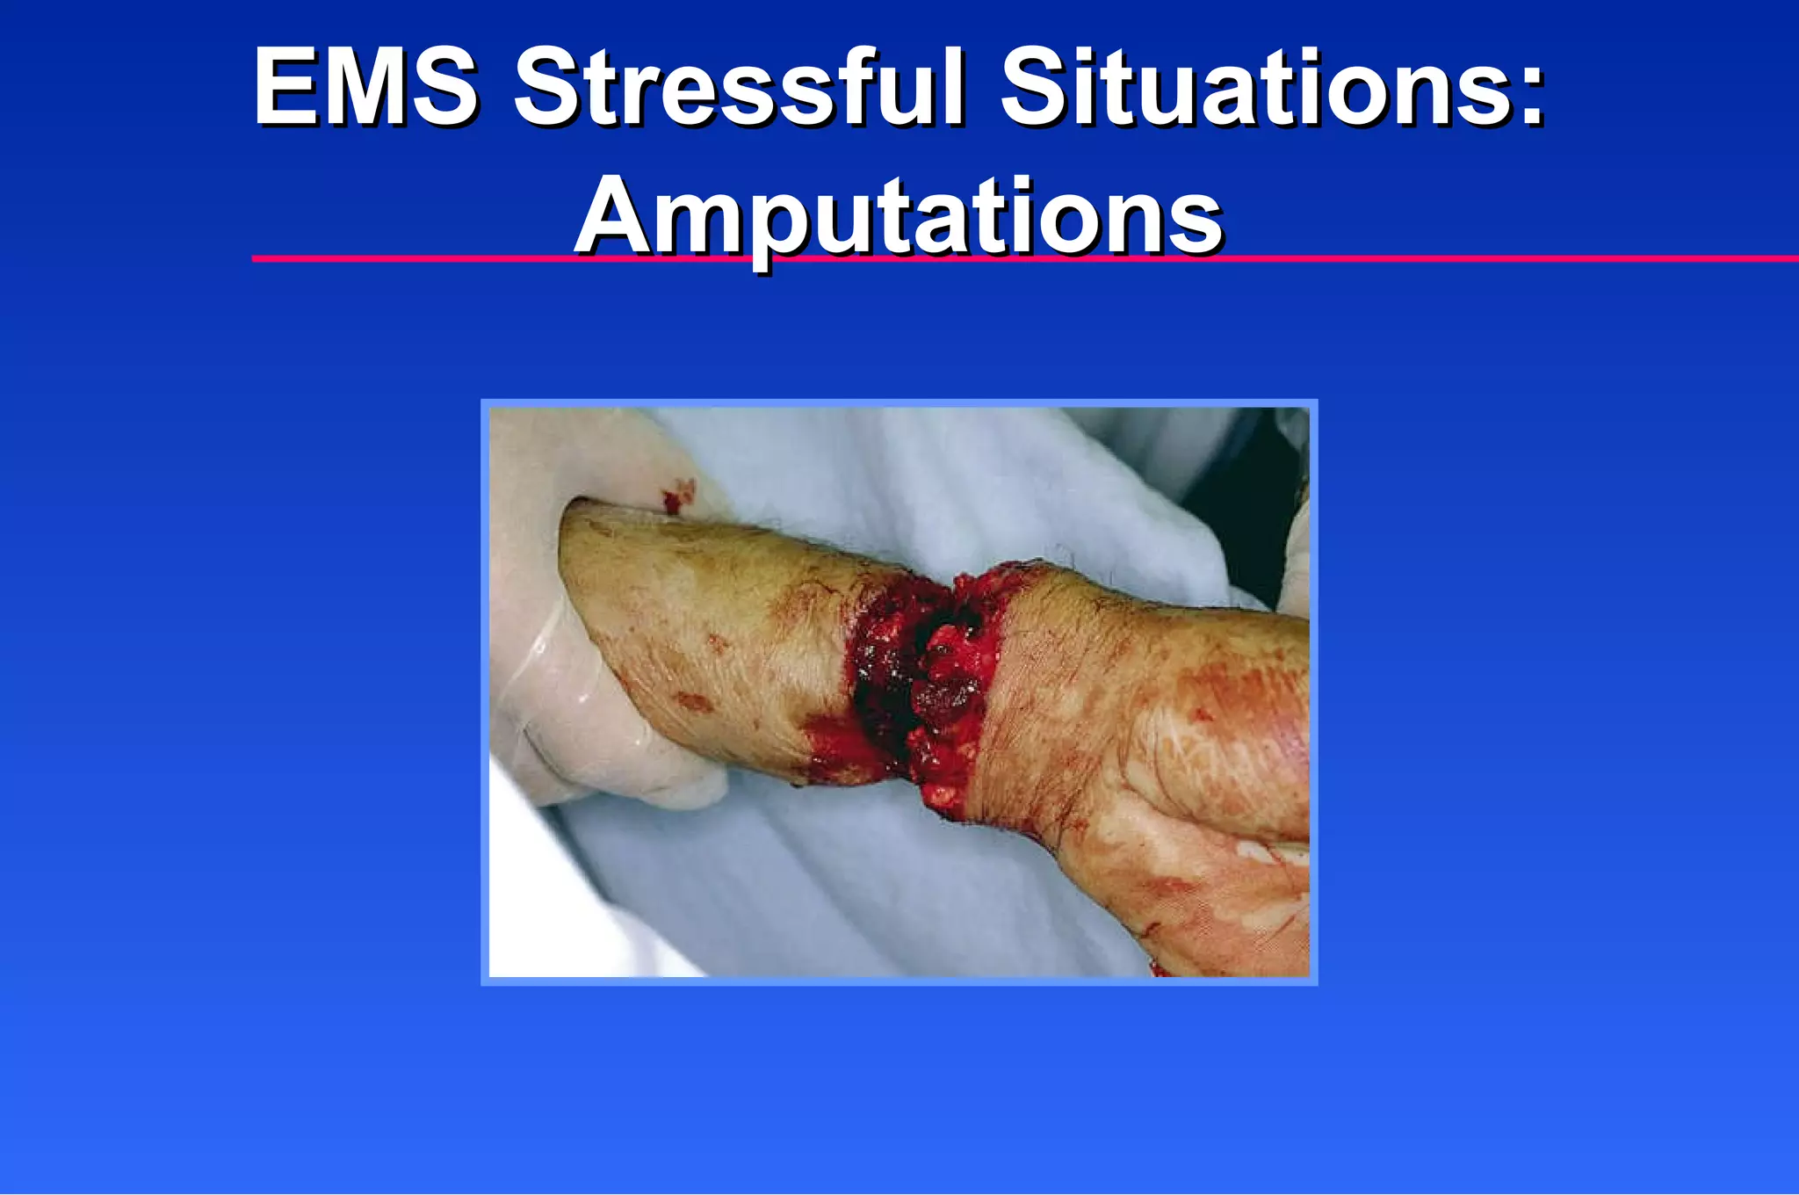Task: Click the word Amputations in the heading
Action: click(898, 216)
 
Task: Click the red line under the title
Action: click(1493, 258)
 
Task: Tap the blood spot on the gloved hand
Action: click(677, 497)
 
